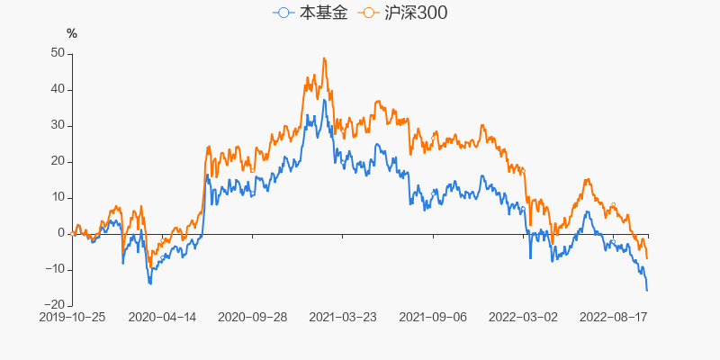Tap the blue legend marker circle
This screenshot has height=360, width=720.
[283, 13]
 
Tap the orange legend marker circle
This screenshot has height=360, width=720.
[368, 13]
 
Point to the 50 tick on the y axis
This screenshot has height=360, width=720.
[57, 53]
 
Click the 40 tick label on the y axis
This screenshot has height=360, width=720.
[57, 89]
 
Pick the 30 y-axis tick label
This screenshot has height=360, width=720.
[57, 125]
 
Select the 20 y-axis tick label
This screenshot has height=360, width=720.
[57, 161]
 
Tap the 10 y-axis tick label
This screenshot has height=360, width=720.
[57, 197]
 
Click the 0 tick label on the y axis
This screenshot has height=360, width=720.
[60, 233]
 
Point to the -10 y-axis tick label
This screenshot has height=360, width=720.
[54, 269]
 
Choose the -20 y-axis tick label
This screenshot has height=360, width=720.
[54, 305]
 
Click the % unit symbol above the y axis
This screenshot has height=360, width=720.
[72, 34]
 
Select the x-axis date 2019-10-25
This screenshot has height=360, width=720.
[72, 318]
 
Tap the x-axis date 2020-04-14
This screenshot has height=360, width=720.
[162, 318]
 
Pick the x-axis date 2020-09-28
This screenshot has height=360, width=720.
[253, 318]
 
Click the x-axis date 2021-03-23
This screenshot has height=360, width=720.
[343, 318]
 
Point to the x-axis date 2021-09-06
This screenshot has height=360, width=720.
[433, 318]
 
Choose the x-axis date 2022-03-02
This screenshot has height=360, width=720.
[523, 318]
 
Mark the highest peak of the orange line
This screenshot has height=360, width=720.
[324, 58]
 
